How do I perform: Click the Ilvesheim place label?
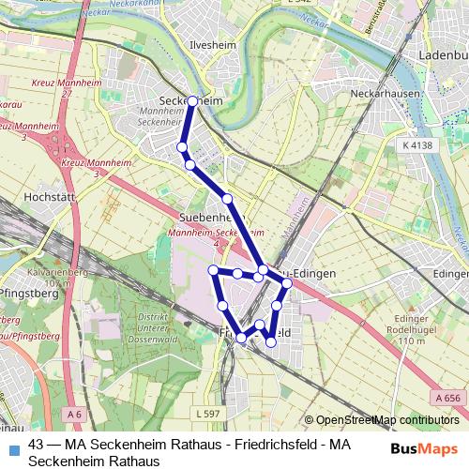click(x=209, y=44)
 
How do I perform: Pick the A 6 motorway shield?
click(x=75, y=413)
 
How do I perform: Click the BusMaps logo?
click(x=425, y=448)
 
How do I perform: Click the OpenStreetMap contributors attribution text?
click(x=382, y=420)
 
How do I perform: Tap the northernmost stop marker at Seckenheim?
click(x=192, y=100)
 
